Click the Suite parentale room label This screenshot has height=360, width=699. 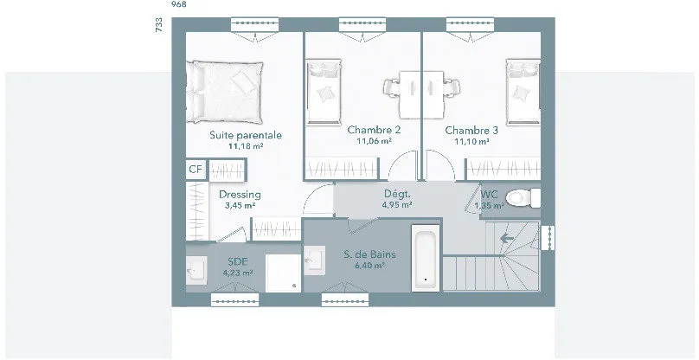pos(246,135)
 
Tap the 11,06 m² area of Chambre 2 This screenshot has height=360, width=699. pos(374,141)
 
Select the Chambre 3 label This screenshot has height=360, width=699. pos(471,131)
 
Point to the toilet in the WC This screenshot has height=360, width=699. pos(523,198)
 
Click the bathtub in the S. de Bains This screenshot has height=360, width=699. pos(426,257)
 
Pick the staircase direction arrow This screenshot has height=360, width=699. pos(507,239)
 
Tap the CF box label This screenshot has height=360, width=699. pos(196,170)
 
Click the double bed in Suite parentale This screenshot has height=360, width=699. pos(224,92)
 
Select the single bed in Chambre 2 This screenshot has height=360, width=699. pos(324,92)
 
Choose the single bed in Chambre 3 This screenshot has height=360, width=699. pos(523,92)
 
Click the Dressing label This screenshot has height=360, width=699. pos(240,195)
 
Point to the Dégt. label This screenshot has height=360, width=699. pos(397,194)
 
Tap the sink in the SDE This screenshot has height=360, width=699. pos(196,270)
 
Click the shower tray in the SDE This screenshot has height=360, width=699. pos(283,273)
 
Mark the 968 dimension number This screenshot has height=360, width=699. pos(179,4)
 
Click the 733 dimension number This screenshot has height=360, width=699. pos(159,25)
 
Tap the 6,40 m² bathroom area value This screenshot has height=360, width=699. pos(369,266)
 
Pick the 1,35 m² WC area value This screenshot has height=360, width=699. pos(489,206)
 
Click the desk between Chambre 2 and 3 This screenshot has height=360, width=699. pos(421,94)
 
